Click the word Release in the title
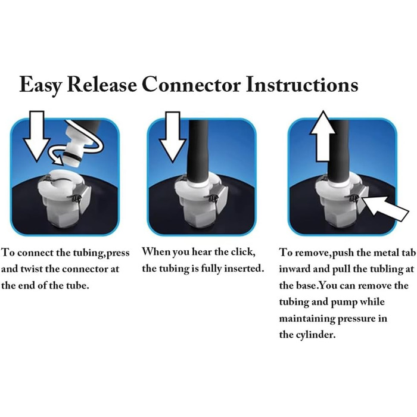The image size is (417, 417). pos(102,85)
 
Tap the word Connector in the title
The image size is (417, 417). pos(191,85)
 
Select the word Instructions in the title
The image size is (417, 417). pos(302,85)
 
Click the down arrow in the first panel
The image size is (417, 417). pos(37,136)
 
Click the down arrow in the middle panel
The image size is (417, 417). pos(173,136)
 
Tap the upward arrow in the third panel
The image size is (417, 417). pos(323,136)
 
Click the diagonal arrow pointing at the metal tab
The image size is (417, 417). pos(385,208)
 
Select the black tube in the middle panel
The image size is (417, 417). pos(198,151)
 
